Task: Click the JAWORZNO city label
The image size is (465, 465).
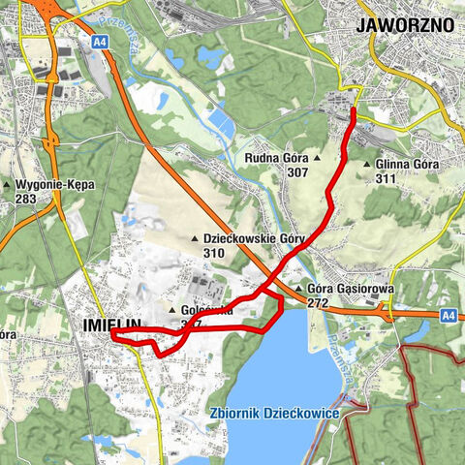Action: click(405, 25)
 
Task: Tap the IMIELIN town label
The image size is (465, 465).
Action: click(107, 325)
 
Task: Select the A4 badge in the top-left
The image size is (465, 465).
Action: click(100, 42)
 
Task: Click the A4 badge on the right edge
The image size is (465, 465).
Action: click(447, 315)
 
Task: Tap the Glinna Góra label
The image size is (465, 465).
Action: click(407, 165)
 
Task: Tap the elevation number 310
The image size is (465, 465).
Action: click(214, 252)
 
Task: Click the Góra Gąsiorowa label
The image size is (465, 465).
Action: click(346, 289)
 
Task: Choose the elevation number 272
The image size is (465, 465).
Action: click(319, 302)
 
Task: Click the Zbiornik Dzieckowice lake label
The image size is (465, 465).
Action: click(273, 414)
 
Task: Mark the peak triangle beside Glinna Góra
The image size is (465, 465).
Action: click(366, 165)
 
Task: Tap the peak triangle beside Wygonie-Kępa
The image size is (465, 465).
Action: click(8, 184)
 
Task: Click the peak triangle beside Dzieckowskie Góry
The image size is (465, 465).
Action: click(193, 238)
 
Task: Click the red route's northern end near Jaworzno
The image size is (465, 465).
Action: click(353, 108)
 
